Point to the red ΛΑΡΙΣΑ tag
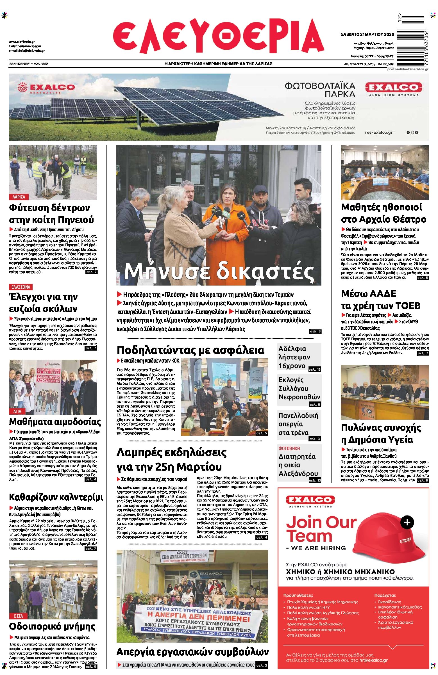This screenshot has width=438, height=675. (19, 197)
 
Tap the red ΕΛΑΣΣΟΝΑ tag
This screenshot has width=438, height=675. (21, 287)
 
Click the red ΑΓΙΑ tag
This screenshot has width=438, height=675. (17, 411)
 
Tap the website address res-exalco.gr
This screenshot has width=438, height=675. (379, 133)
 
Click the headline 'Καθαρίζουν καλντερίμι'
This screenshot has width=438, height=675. (56, 497)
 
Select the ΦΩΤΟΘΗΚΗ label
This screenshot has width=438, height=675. (289, 448)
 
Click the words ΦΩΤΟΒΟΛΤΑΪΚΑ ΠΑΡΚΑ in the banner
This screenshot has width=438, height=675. (320, 90)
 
